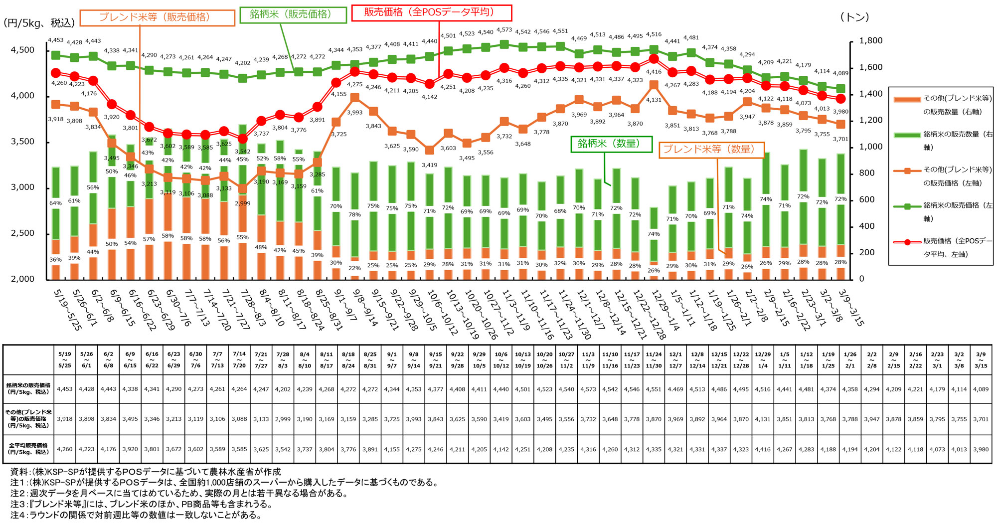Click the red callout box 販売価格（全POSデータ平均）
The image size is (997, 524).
(431, 12)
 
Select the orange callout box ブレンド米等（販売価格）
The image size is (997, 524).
(157, 17)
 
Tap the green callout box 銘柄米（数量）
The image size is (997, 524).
(611, 144)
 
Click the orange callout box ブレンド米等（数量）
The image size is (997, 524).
(711, 150)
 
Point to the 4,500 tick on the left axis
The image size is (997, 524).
(23, 50)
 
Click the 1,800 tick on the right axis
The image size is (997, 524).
(871, 41)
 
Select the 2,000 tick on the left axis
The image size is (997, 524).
(23, 279)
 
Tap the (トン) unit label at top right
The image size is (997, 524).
(854, 17)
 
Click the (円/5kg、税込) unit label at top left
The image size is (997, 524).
(39, 23)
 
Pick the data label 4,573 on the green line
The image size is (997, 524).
(504, 30)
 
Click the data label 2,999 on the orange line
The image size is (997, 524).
(242, 203)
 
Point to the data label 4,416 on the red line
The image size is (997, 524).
(654, 72)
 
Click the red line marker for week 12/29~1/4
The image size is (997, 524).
(654, 59)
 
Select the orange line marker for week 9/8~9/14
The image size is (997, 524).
(355, 98)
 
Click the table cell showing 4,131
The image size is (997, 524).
(763, 419)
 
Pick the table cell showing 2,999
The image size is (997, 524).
(283, 419)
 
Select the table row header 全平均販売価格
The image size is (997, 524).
(28, 449)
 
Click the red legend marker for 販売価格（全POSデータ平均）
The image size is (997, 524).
(907, 242)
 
